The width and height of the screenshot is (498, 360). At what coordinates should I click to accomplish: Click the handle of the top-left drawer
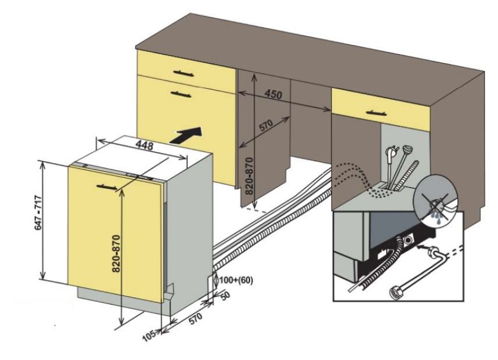pos(177,71)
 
